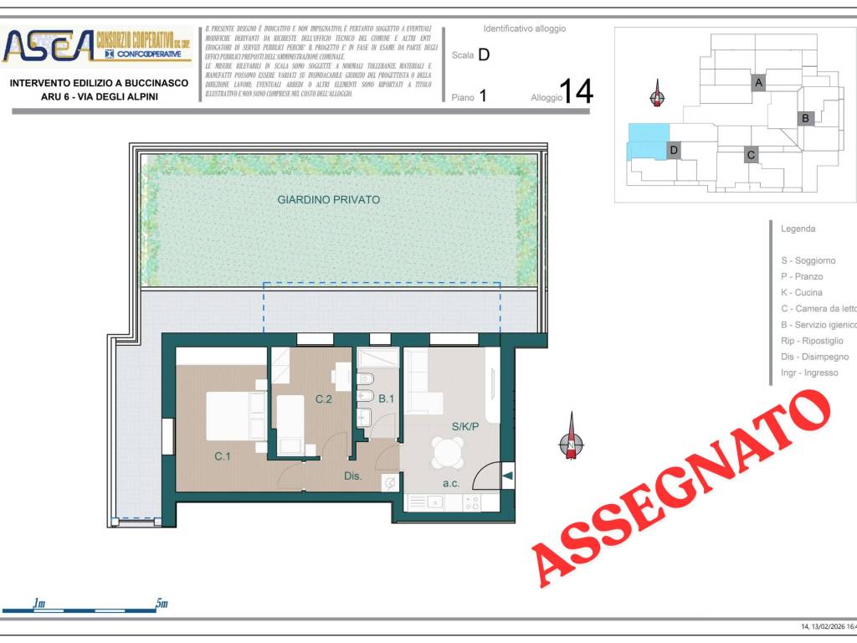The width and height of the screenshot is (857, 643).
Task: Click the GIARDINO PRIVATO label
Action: (328, 200)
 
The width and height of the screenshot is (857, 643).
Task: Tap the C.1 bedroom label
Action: (222, 456)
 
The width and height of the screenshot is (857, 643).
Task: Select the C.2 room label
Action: (324, 399)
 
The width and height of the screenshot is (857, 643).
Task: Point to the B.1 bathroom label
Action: (386, 399)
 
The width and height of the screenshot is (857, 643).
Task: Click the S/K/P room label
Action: (465, 427)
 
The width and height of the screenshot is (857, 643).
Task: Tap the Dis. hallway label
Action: (352, 476)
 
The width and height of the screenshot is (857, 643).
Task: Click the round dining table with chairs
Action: (448, 453)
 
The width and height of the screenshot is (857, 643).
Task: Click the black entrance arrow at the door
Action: (507, 476)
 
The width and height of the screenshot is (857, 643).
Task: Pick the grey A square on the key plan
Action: (758, 83)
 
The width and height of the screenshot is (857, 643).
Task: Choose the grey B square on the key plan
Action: (805, 118)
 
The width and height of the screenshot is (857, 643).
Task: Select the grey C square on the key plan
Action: (751, 155)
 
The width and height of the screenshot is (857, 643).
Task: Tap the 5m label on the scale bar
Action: (162, 604)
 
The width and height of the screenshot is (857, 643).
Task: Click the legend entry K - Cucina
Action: (801, 293)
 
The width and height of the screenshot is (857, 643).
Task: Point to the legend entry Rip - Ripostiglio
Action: (811, 341)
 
